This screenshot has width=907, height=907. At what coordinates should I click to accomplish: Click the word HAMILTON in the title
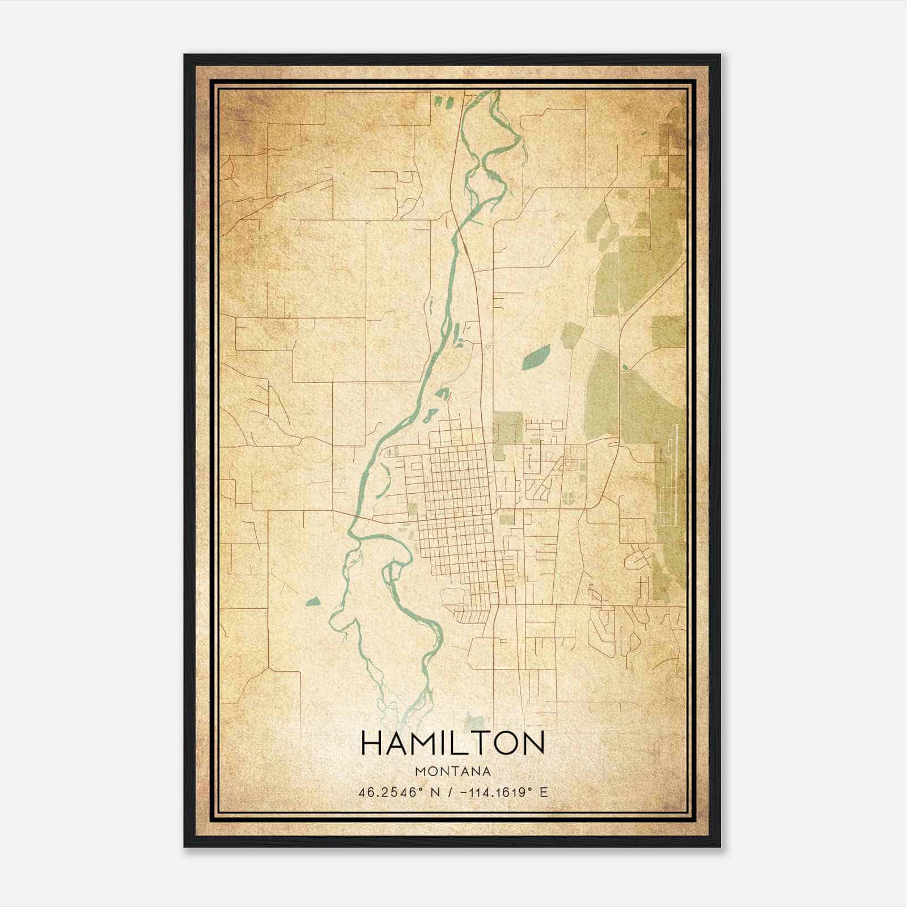click(x=452, y=743)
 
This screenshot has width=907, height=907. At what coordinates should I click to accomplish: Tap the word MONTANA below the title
click(x=452, y=772)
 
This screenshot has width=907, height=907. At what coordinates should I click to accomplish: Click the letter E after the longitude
click(x=544, y=792)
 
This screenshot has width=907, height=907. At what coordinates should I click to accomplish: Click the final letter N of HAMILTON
click(x=533, y=743)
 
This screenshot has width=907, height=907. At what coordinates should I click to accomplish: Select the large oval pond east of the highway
click(x=536, y=357)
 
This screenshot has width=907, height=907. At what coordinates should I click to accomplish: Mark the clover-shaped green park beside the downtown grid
click(x=567, y=498)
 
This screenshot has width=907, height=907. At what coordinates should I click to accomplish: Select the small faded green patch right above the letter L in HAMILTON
click(x=474, y=722)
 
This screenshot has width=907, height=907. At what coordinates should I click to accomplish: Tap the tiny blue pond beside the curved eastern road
click(x=625, y=367)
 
